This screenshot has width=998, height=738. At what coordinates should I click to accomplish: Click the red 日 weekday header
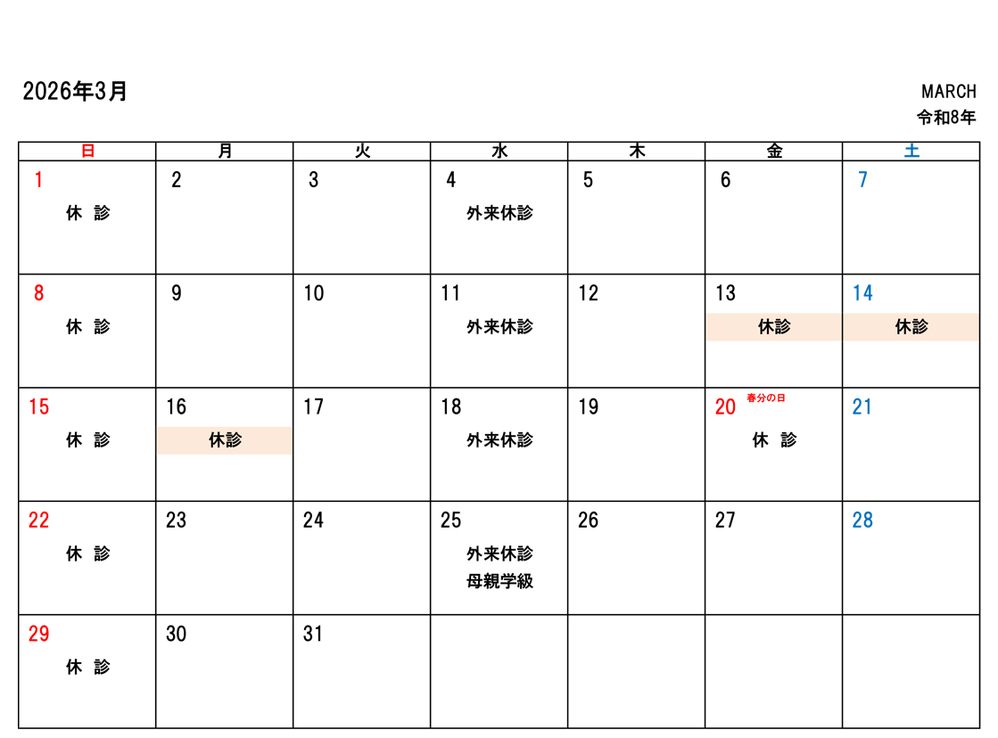87,151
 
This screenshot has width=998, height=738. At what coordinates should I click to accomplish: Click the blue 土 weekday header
911,151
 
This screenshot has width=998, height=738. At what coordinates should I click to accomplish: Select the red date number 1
38,181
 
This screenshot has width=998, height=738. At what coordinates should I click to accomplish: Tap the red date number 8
38,293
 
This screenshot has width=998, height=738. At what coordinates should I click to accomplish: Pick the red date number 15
38,407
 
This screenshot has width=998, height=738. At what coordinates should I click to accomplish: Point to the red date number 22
38,521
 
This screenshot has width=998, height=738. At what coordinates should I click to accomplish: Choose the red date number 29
38,635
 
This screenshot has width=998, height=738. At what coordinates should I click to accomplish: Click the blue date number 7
862,181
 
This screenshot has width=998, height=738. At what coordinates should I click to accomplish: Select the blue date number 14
862,293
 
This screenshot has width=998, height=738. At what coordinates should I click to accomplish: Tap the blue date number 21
862,407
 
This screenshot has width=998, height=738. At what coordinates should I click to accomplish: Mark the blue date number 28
862,521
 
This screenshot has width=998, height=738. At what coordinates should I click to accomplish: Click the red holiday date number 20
725,407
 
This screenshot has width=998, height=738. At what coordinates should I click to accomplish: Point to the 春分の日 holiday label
765,398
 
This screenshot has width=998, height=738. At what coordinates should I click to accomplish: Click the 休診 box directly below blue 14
911,327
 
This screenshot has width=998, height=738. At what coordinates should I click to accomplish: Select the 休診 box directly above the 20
773,327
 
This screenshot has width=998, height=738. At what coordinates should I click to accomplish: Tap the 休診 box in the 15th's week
225,440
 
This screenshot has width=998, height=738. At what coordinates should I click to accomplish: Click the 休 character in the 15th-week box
217,440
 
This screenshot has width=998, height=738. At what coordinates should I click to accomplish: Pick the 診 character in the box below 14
920,327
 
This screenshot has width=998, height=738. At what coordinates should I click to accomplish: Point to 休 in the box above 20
765,327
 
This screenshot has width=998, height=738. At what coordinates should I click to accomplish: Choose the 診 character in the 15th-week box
234,440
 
